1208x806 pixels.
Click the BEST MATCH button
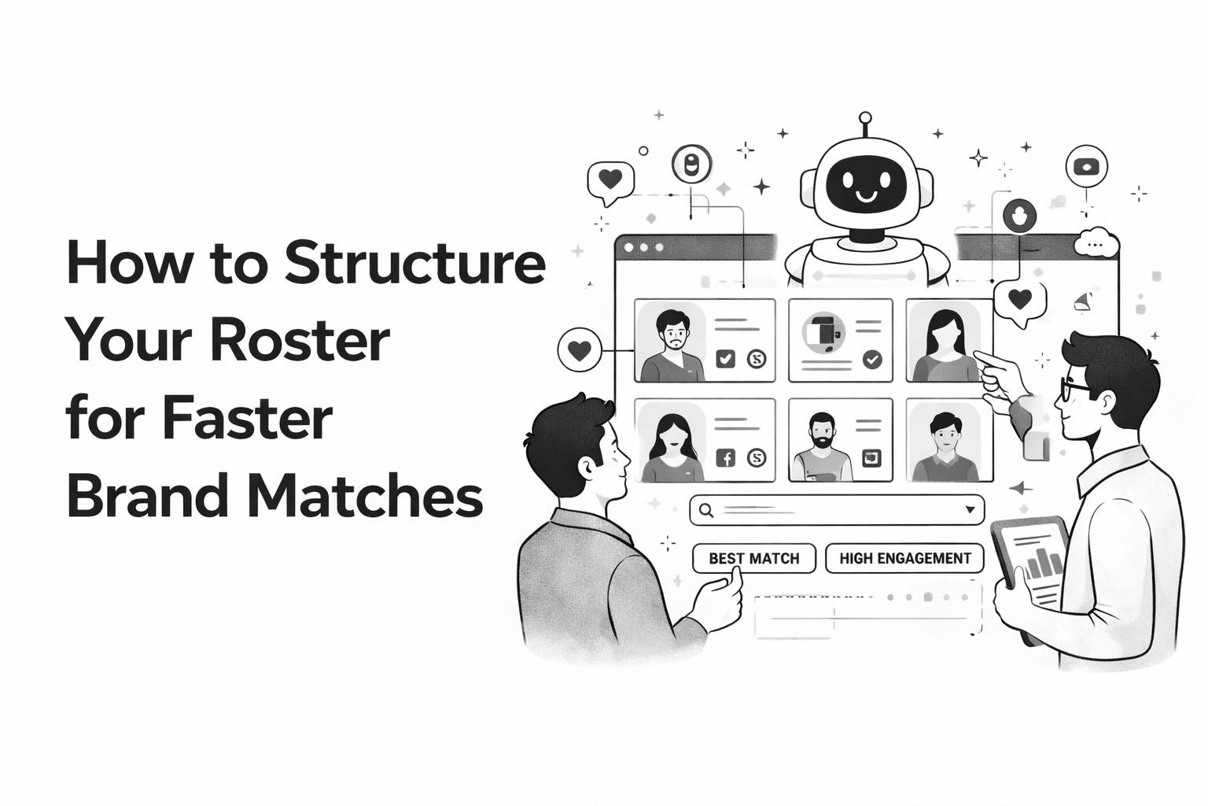tap(753, 558)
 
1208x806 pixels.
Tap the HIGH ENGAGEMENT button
tap(904, 558)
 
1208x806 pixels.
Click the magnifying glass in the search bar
tap(706, 510)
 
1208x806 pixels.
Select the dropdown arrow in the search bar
tap(970, 510)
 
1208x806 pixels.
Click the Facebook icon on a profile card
tap(725, 457)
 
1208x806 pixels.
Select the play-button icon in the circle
tap(1086, 167)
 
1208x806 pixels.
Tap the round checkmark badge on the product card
tap(872, 360)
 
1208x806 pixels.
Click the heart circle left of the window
tap(579, 350)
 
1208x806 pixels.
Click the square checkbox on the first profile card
tap(725, 360)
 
